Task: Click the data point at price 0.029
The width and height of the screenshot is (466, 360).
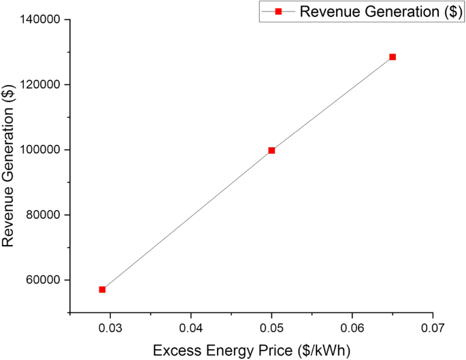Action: tap(102, 289)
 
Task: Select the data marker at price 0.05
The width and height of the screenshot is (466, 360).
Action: tap(271, 150)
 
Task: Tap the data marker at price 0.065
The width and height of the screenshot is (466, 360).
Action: tap(393, 57)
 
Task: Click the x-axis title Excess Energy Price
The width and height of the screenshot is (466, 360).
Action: tap(251, 350)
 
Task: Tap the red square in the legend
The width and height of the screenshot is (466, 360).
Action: tap(278, 12)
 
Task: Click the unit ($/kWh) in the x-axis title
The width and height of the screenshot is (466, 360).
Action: tap(326, 350)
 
